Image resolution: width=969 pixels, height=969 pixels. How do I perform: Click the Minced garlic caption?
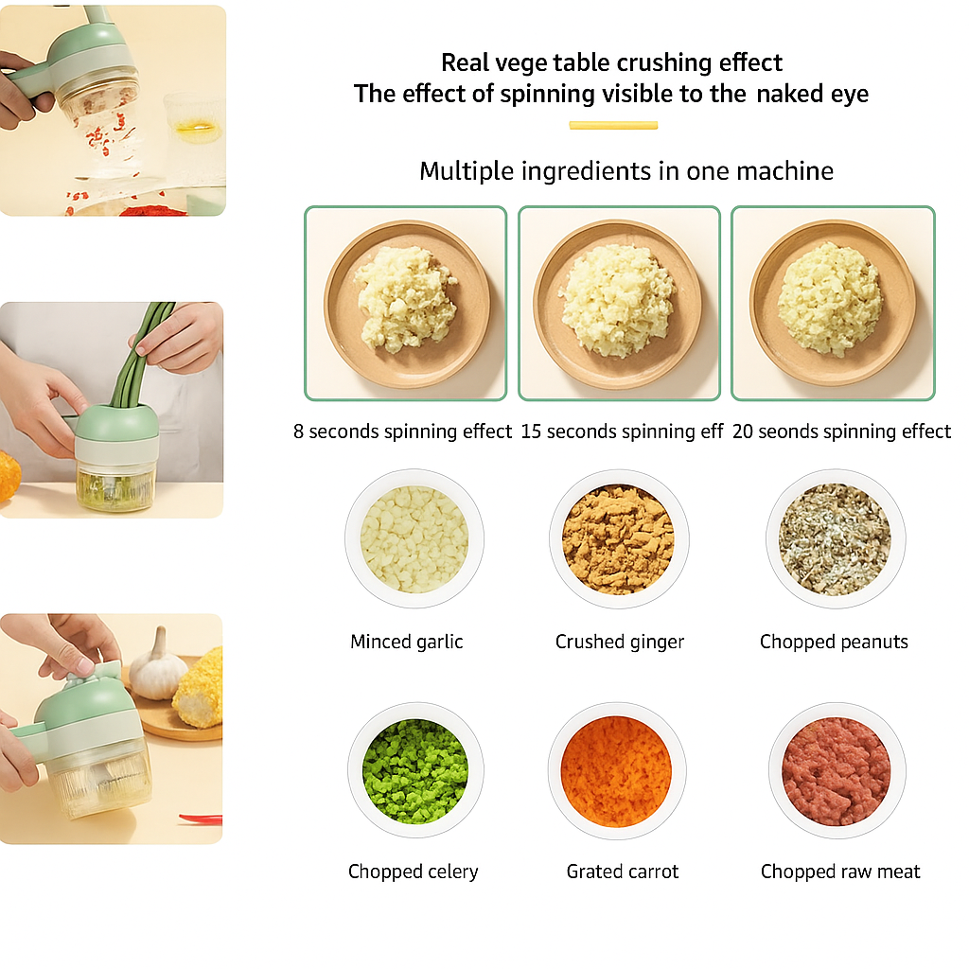(407, 643)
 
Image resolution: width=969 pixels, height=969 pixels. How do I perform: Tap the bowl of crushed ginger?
(619, 538)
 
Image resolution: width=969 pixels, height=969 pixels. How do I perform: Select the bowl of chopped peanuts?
(836, 538)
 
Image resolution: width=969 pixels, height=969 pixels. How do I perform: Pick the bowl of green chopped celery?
(415, 770)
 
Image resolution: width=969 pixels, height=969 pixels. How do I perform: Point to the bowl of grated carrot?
(617, 770)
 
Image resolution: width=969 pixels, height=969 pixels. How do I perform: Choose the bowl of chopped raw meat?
(837, 770)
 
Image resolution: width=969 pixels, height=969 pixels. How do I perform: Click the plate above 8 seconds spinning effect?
(407, 304)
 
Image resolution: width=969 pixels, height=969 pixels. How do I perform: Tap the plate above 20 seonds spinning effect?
(833, 303)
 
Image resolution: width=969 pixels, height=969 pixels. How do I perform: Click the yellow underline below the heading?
(613, 126)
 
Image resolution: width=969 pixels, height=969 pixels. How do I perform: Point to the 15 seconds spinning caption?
(622, 432)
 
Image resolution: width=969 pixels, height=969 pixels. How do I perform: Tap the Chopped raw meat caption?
(840, 872)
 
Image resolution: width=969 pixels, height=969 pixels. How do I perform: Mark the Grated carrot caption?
(623, 872)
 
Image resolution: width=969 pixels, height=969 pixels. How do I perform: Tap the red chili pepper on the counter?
(201, 819)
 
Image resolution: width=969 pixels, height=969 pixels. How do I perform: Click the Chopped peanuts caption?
(834, 643)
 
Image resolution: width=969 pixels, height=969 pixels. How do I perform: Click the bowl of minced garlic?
(414, 538)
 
